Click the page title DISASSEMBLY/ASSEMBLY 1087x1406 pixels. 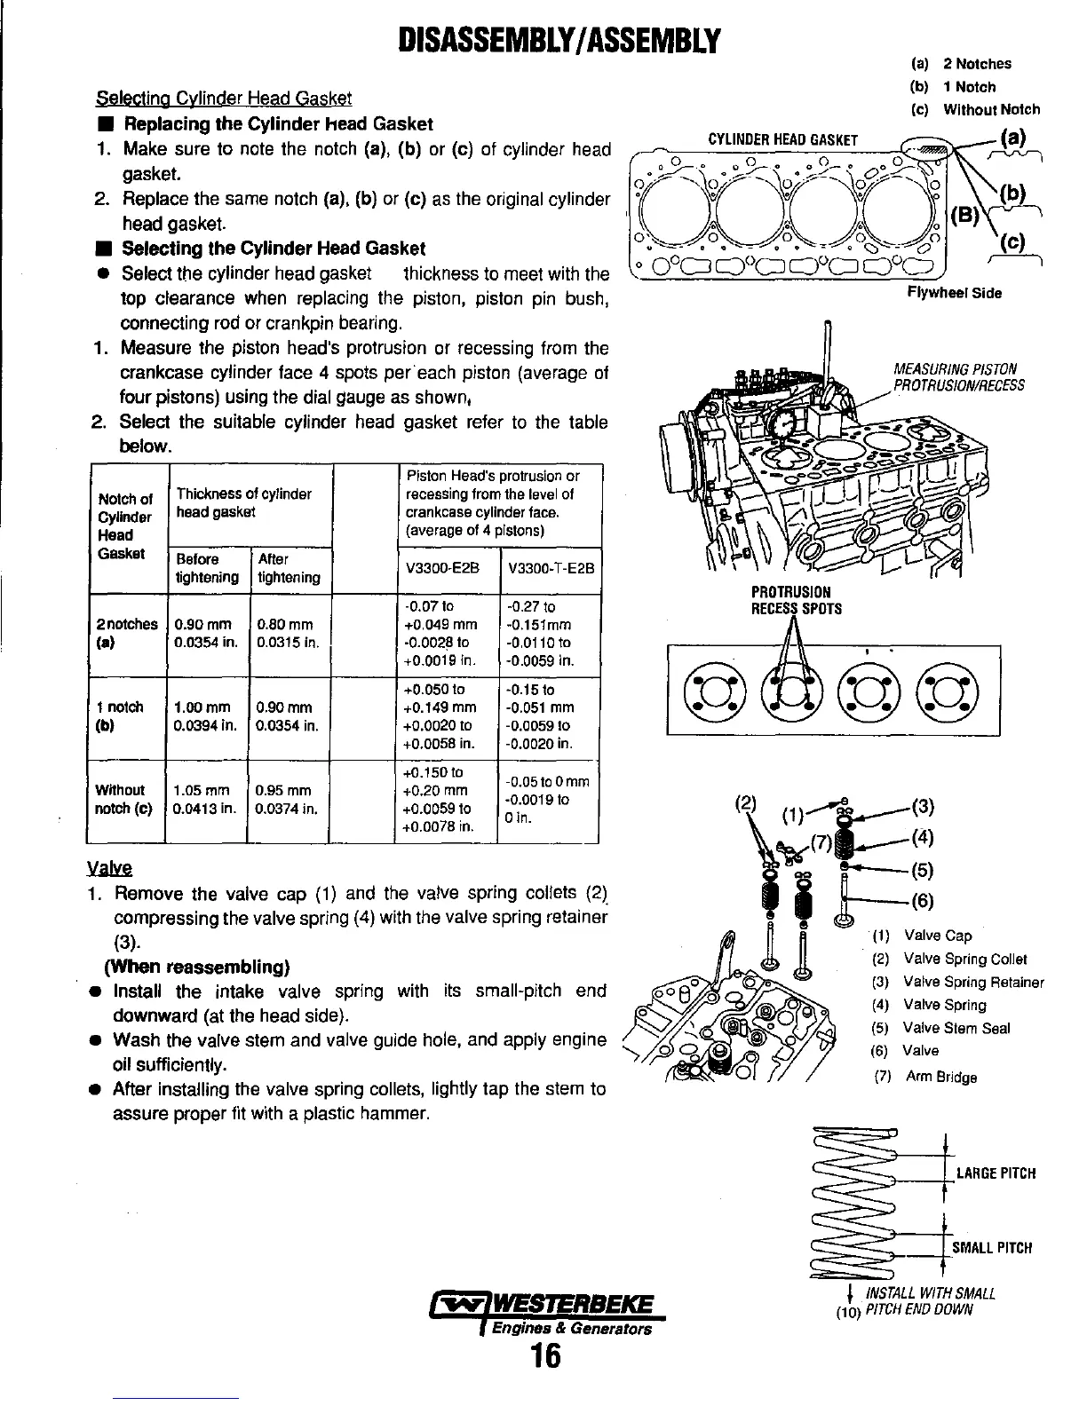543,41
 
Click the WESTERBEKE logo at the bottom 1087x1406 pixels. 544,1312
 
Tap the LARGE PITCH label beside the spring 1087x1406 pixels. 996,1173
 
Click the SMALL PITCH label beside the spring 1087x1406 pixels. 992,1248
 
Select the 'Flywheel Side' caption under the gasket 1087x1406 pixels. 954,294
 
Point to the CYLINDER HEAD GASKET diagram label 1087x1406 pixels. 782,140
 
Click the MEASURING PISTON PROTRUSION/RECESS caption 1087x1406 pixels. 958,377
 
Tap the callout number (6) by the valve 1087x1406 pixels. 922,901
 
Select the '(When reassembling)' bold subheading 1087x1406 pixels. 198,966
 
